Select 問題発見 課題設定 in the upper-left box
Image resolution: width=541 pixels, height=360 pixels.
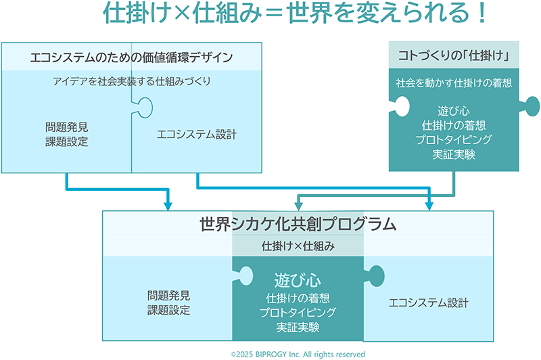(x=66, y=134)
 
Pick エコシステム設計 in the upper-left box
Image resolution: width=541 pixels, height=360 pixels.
(x=197, y=134)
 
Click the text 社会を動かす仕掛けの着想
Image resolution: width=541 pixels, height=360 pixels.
(x=453, y=83)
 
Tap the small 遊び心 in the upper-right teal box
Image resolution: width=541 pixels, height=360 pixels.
(x=453, y=111)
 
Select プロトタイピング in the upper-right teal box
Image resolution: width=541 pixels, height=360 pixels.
(x=453, y=139)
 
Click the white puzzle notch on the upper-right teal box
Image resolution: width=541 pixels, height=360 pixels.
(x=398, y=106)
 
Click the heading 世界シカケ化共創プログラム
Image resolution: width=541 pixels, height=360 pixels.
(x=298, y=224)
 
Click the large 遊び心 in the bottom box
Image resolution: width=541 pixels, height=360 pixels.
(x=298, y=279)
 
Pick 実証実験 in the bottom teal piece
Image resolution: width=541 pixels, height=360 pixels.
(x=298, y=327)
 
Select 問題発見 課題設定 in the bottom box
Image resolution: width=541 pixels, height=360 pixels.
(x=168, y=302)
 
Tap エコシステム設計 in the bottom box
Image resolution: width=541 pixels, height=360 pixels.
(x=429, y=302)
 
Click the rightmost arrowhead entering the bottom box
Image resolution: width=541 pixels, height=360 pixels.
(x=428, y=204)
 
